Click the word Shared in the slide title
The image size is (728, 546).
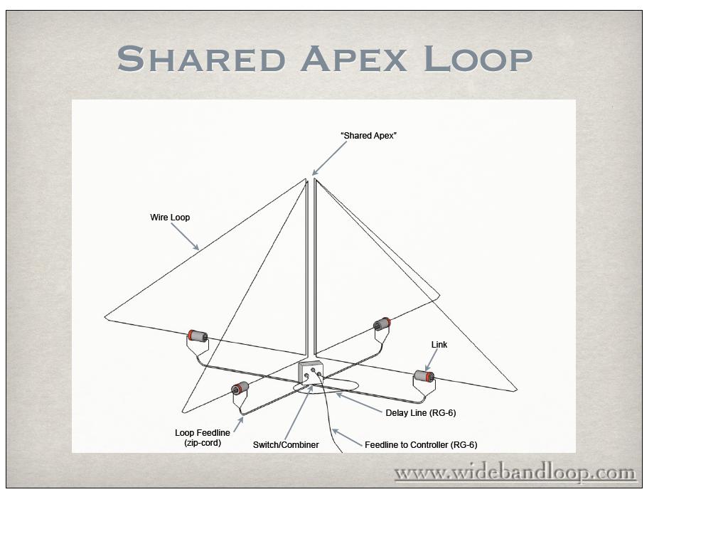pos(201,58)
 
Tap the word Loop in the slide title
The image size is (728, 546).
pos(478,59)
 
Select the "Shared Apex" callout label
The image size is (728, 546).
pos(369,136)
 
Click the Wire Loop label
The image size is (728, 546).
pos(170,218)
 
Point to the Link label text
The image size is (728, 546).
pos(439,345)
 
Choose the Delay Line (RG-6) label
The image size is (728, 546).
pos(421,413)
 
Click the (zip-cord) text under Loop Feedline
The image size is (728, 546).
pos(203,443)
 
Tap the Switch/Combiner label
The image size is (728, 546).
pos(286,445)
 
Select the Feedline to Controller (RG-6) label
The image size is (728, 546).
pos(421,445)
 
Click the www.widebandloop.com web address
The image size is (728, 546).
pos(515,473)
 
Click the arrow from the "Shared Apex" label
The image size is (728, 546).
pos(329,159)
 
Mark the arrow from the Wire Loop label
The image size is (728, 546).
pos(186,237)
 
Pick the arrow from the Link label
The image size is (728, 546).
pos(432,360)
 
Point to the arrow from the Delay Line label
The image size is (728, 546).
pos(359,402)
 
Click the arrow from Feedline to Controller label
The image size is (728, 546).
pos(347,438)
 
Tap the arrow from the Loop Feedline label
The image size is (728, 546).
pos(239,425)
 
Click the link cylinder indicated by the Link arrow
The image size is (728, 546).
pos(425,377)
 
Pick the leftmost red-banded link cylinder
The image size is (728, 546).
pos(198,336)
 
